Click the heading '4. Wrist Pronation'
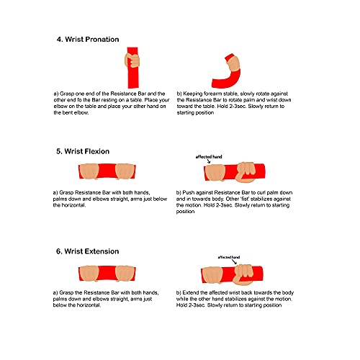click(88, 39)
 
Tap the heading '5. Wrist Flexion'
click(83, 151)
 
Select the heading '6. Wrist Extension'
click(87, 251)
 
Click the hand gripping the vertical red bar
click(132, 60)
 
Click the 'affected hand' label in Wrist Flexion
click(209, 157)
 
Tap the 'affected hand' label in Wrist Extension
click(229, 257)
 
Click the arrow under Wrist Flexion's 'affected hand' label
click(209, 161)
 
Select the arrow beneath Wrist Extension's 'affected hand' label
click(235, 262)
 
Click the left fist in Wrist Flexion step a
click(89, 171)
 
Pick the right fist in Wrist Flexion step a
click(125, 171)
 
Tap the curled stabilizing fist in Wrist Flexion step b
click(246, 172)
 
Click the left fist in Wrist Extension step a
click(89, 274)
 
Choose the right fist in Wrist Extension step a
click(125, 274)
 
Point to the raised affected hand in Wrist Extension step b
click(243, 274)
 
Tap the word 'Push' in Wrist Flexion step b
click(188, 192)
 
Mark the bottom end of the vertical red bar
click(133, 88)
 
